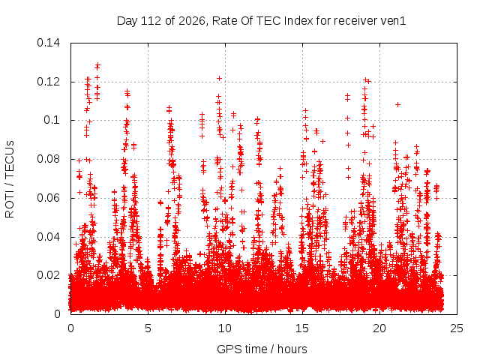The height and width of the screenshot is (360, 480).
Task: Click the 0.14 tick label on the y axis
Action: [x=48, y=43]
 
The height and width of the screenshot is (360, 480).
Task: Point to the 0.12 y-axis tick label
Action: [x=48, y=82]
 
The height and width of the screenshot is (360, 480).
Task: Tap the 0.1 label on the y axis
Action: [x=52, y=120]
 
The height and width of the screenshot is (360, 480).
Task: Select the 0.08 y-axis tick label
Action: [x=48, y=159]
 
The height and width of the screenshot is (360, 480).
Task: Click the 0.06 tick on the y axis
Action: [x=48, y=198]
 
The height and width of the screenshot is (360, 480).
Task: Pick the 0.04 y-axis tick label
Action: [x=48, y=237]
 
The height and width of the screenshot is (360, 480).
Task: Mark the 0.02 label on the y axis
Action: [x=48, y=275]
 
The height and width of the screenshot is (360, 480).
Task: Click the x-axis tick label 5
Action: [x=148, y=328]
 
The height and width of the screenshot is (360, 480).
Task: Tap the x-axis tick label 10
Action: [x=225, y=328]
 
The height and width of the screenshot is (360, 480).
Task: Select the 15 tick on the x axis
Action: [x=302, y=328]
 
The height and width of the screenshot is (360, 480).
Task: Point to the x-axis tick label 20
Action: [x=379, y=328]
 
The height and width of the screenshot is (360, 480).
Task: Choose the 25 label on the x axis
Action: [x=457, y=328]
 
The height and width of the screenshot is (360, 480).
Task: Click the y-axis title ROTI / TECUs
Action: [x=10, y=179]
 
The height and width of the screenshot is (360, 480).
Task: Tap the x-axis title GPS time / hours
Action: [x=262, y=349]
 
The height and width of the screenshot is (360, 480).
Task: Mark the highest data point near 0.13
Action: [x=97, y=65]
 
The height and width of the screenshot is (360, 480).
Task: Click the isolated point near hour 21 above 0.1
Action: [x=397, y=104]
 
